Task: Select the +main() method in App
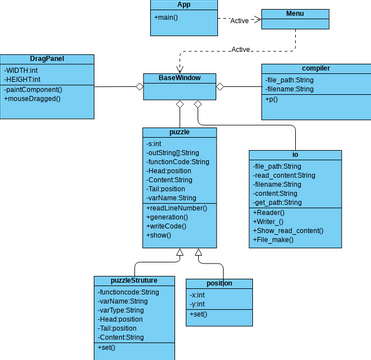pos(169,18)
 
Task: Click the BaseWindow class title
pos(180,77)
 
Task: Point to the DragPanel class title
pos(47,59)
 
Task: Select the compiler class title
pos(315,68)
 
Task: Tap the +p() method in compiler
pos(272,100)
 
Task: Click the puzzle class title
pos(179,132)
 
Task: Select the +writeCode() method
pos(170,227)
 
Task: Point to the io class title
pos(295,154)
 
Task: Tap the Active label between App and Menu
pos(240,20)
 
